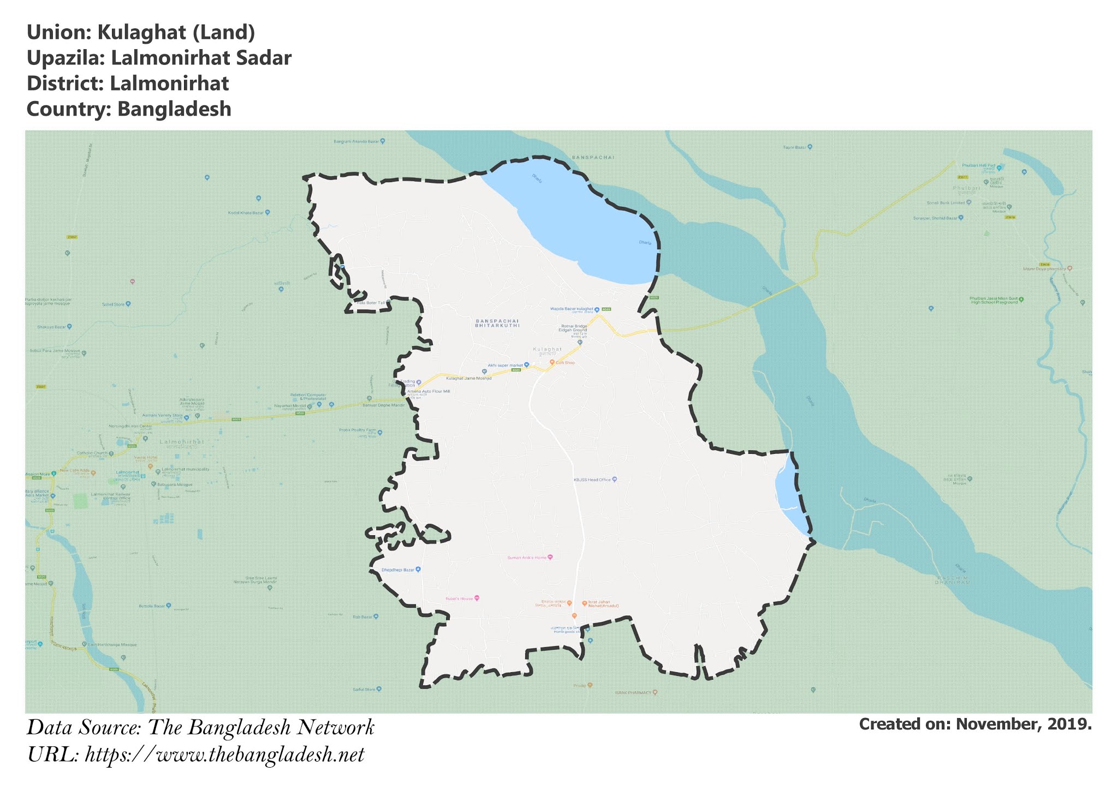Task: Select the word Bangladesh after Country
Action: coord(174,109)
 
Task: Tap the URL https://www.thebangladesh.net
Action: coord(224,755)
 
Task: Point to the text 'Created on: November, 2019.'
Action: coord(975,724)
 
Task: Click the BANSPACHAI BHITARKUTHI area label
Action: coord(497,323)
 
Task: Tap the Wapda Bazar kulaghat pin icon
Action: coord(597,309)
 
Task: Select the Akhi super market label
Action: coord(505,365)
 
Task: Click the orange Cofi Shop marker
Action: coord(552,362)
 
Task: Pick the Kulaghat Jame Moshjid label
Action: coord(469,378)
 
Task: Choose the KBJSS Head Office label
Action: coord(592,480)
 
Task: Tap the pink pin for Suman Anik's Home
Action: coord(550,557)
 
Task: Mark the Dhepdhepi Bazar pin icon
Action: coord(419,570)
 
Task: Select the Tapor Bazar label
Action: coord(794,147)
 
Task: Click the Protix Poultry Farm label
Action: coord(358,430)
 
